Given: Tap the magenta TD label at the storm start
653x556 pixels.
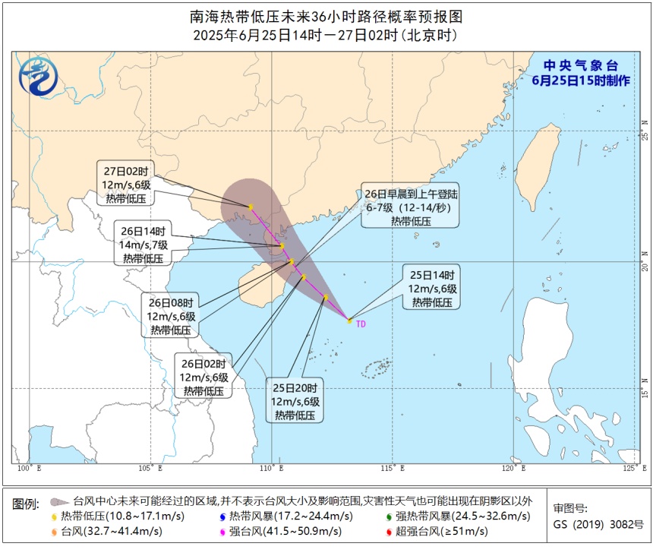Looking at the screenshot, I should coord(361,324).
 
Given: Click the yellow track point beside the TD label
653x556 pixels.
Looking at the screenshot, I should coord(349,321).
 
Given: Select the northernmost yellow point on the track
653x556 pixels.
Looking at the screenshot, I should coord(250,207).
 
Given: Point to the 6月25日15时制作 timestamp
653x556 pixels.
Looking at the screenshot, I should coord(581,80).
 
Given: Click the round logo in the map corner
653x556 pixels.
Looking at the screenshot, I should coord(37,77).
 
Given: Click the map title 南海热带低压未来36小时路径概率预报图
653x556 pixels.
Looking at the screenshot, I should coord(326,17).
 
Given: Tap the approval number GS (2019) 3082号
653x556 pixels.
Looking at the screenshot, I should coord(598,524).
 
